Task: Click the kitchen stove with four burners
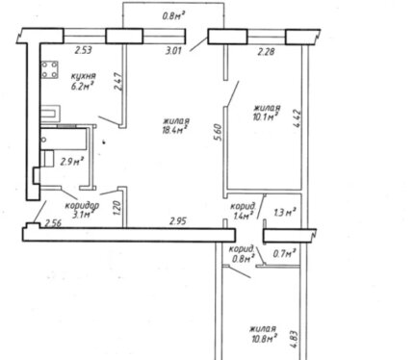coord(50,69)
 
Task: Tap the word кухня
coord(83,76)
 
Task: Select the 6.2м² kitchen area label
coord(83,86)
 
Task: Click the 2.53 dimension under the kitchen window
coord(84,50)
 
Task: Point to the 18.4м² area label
coord(175,129)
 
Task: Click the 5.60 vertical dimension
coord(218,134)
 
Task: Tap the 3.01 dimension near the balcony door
coord(173,51)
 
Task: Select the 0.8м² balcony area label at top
coord(174,15)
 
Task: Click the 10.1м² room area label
coord(265,116)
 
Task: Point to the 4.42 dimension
coord(297,119)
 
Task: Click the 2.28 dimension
coord(266,52)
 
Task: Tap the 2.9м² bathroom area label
coord(72,161)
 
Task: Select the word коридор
coord(82,205)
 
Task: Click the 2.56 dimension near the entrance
coord(53,222)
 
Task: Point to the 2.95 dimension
coord(178,221)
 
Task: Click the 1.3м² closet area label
coord(285,212)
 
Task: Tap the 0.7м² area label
coord(284,254)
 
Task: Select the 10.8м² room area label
coord(265,338)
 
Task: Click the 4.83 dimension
coord(296,341)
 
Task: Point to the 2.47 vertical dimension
coord(118,82)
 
